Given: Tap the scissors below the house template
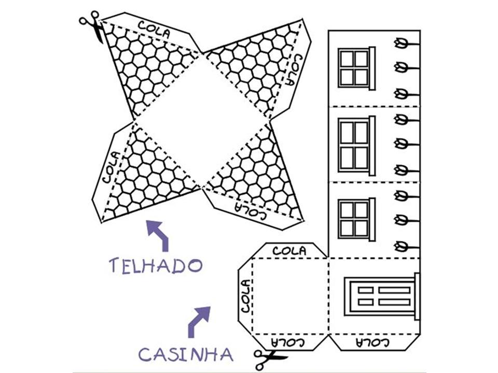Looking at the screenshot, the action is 269,357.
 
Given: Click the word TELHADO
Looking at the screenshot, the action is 155,265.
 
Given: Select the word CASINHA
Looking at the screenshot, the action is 185,354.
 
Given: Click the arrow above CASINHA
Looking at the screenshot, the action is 199,320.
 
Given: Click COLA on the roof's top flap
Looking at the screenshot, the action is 154,29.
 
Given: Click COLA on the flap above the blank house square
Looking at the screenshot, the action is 289,251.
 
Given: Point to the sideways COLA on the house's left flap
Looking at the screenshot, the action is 245,295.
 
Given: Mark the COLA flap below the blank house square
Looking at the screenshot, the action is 289,342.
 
